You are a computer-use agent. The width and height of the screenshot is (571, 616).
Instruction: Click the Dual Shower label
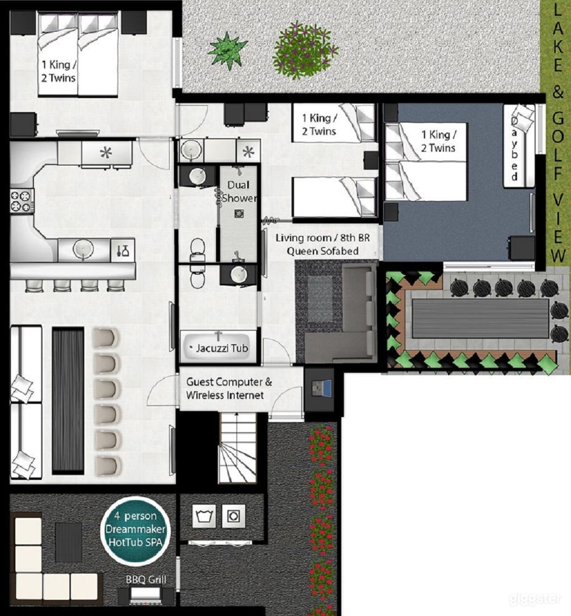tap(239, 191)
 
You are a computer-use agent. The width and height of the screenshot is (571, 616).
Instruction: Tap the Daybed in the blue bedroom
tap(519, 146)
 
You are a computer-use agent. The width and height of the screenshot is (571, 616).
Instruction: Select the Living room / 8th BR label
tap(322, 244)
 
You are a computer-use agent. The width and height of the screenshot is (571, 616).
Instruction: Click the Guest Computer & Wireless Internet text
tap(229, 389)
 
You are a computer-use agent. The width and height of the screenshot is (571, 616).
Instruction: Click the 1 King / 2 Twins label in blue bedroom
tap(438, 141)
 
